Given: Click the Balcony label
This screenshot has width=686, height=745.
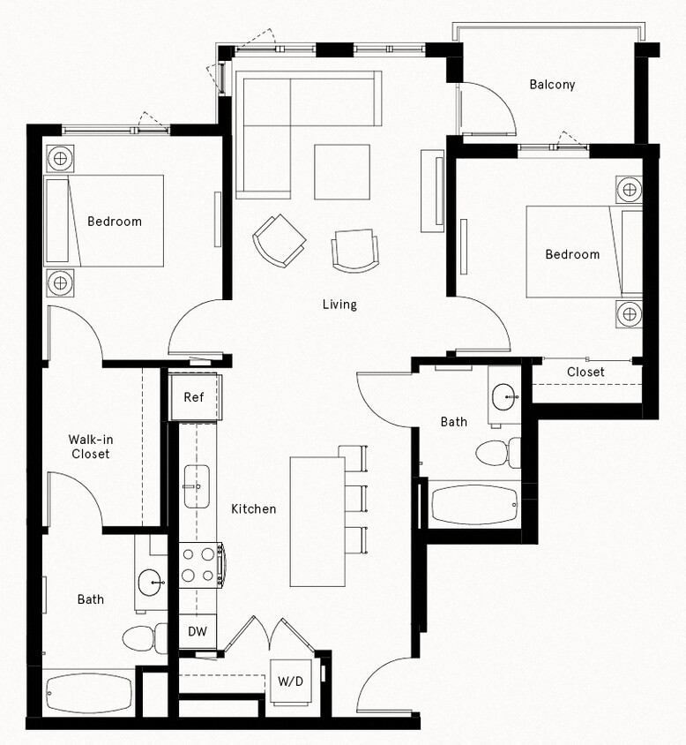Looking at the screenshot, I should coord(552,85).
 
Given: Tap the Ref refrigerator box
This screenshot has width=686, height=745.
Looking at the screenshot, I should coord(194,397).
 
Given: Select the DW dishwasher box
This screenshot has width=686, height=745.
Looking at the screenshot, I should coord(198,632).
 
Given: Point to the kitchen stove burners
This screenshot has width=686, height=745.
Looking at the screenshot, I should coord(199,566).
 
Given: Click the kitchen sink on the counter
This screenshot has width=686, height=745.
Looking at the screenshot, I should coord(196,485).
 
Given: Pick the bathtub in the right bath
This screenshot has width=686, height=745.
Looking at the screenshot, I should coord(473,505).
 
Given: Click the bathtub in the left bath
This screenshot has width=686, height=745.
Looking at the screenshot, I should coord(88,693).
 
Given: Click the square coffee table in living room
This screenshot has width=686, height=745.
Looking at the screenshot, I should coord(342,171).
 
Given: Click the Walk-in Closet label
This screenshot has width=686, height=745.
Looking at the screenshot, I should coord(90,447).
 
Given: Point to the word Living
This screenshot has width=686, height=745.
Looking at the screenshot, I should coord(339,305).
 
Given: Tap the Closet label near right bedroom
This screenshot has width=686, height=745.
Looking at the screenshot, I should coord(585,372).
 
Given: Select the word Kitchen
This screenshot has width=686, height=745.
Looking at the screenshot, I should coord(254,508).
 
